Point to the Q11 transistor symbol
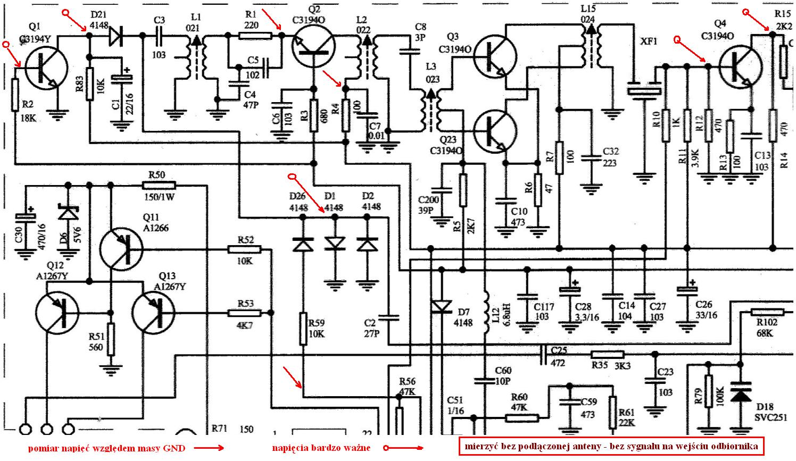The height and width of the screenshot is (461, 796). (121, 249)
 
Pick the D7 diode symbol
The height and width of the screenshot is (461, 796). (441, 306)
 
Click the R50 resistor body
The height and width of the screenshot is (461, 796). (159, 186)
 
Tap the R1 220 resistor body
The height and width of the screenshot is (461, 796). (255, 36)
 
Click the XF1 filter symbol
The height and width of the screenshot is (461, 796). (645, 89)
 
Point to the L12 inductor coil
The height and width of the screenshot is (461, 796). (485, 313)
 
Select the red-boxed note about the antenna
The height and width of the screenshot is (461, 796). (611, 446)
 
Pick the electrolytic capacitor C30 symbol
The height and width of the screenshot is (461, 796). (24, 217)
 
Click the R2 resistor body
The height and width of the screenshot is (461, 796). (15, 95)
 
